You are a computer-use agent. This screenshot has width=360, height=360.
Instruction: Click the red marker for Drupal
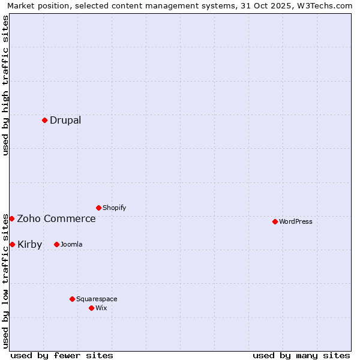coord(44,120)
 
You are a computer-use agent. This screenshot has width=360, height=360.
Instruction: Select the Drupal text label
coord(65,120)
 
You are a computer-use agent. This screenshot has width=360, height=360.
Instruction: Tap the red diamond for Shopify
coord(98,208)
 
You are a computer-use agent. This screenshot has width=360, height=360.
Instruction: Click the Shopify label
coord(114,208)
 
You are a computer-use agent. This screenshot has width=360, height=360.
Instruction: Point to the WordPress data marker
coord(275,221)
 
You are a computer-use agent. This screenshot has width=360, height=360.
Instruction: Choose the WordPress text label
coord(295,221)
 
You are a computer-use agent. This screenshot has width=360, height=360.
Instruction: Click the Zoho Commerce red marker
coord(11,218)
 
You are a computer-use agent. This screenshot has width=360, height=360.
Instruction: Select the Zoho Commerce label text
coord(56,218)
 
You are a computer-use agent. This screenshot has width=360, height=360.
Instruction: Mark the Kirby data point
coord(12,244)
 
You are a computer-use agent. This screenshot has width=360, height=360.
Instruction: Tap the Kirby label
coord(29,244)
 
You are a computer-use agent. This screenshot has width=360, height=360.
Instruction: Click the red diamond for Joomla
coord(56,244)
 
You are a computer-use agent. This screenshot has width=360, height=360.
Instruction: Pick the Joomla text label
coord(71,244)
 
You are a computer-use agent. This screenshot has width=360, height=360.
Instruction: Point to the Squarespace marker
coord(72,299)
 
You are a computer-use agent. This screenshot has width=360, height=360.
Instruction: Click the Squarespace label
coord(97,299)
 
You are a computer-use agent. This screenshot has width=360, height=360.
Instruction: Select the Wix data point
coord(91,308)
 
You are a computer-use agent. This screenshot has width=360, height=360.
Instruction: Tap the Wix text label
coord(101,308)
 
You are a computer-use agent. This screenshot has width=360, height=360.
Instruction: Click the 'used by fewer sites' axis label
coord(62,355)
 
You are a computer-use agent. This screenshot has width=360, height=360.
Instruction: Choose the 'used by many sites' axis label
coord(301,355)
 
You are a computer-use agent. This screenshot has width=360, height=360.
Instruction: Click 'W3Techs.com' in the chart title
coord(326,5)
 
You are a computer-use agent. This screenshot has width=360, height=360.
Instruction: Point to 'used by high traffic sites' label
coord(5,85)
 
